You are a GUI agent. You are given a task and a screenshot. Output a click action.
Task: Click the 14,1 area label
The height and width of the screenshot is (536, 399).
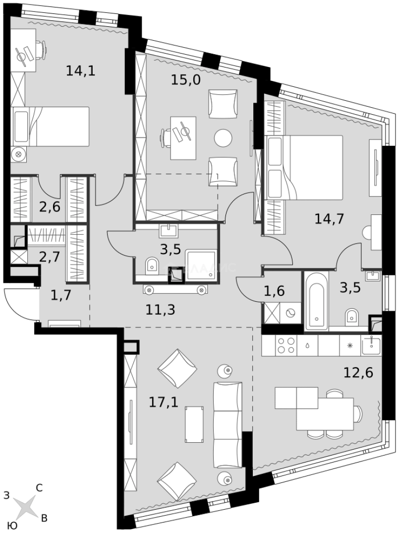(80, 70)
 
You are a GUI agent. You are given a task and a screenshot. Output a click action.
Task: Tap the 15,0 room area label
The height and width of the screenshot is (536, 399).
(185, 79)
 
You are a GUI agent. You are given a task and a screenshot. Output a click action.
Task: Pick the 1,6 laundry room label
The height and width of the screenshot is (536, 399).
(274, 291)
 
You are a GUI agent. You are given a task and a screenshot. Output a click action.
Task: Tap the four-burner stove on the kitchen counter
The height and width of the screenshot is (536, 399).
(285, 345)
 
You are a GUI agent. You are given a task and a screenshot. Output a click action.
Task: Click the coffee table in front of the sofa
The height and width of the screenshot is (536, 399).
(194, 424)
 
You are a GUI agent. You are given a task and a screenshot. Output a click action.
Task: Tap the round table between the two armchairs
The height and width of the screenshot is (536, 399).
(223, 137)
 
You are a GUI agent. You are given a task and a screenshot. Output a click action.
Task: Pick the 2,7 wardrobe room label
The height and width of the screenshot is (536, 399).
(49, 257)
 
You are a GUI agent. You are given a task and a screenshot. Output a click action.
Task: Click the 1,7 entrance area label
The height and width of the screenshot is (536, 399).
(61, 296)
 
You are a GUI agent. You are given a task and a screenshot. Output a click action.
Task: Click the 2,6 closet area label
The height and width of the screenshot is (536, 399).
(50, 206)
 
